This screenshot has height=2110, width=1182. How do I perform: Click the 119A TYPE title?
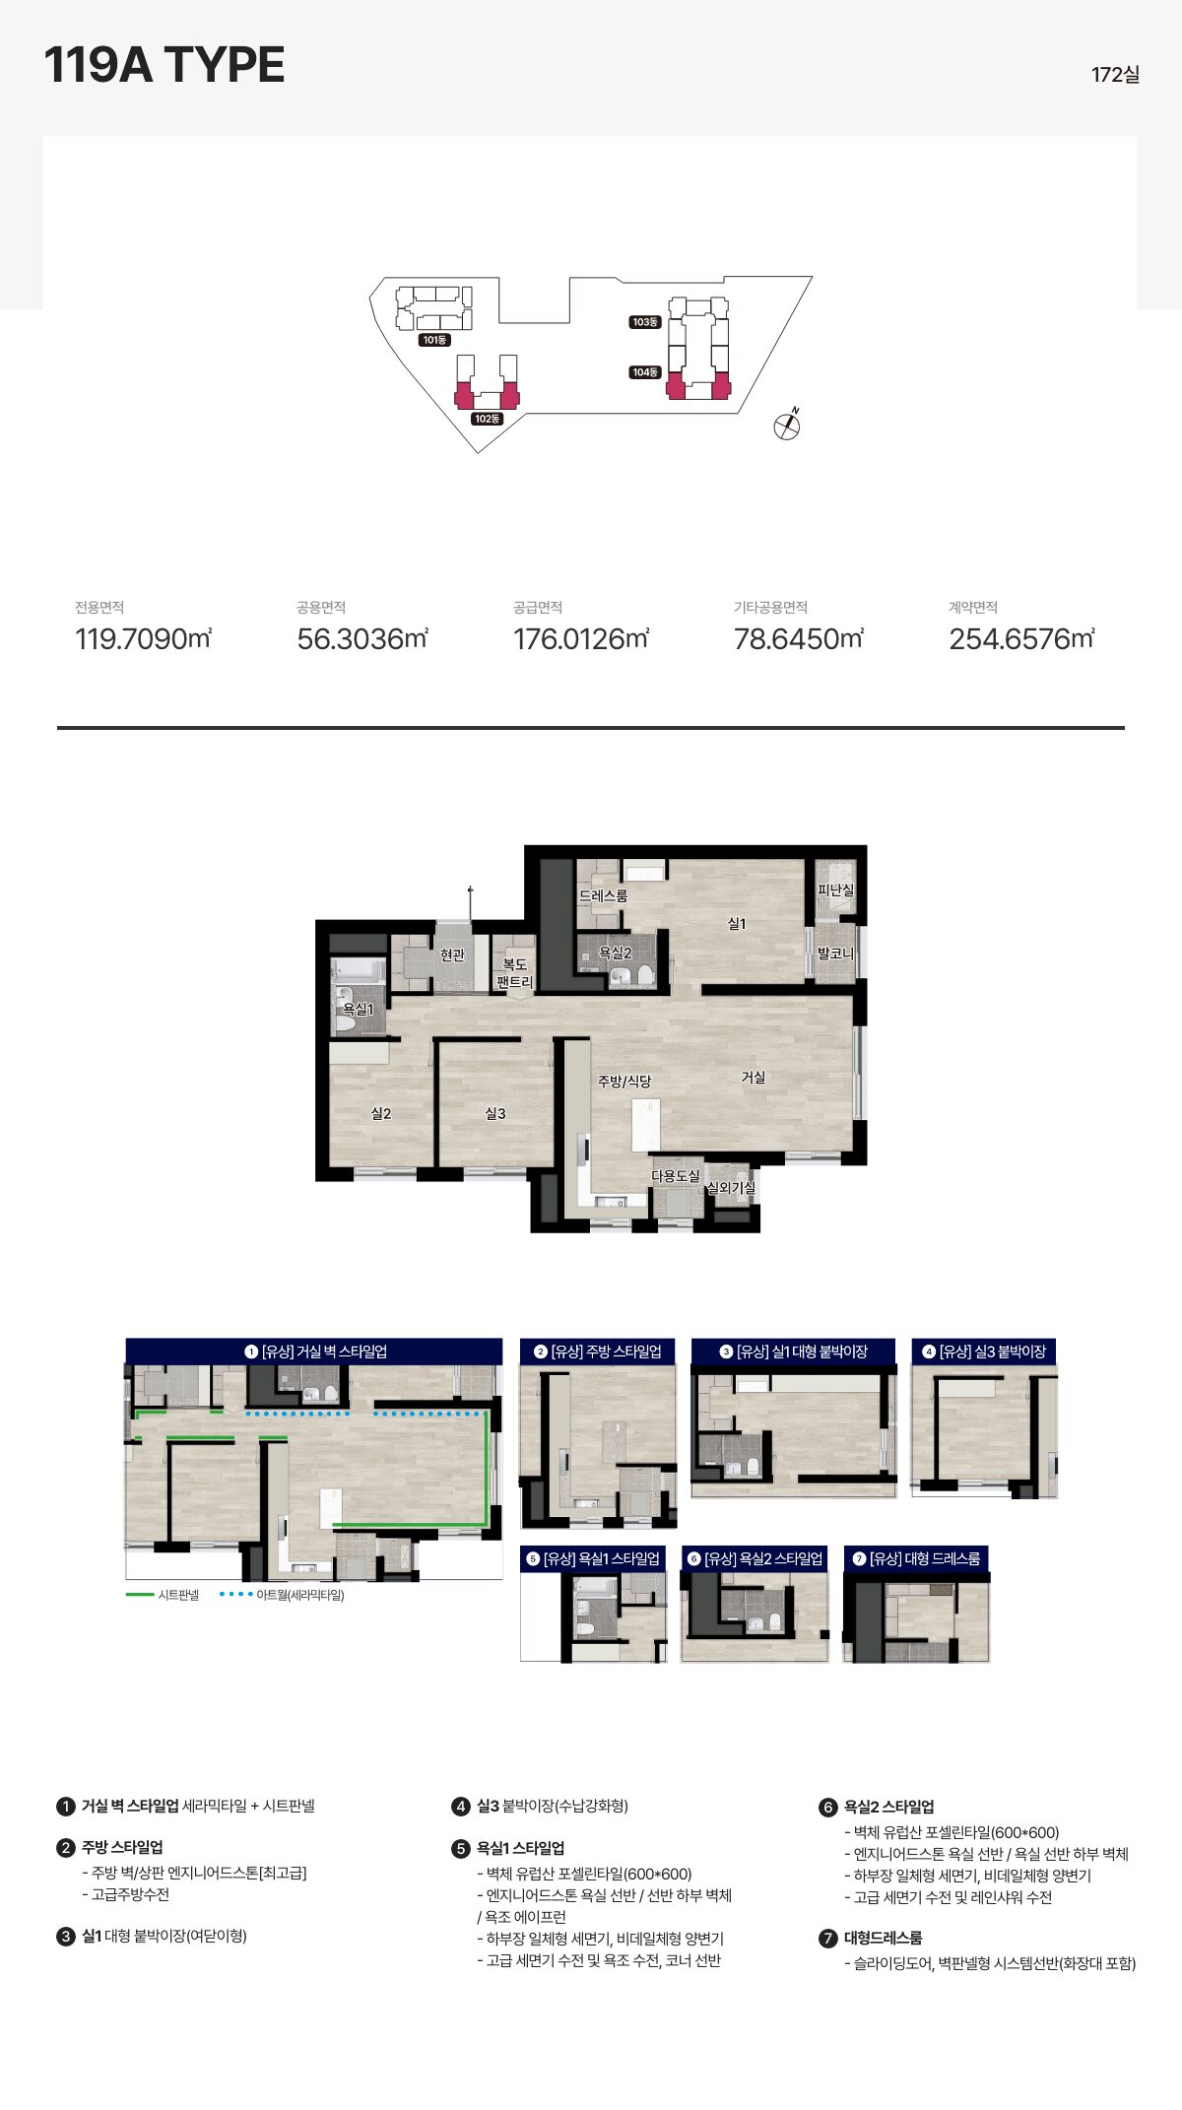[164, 65]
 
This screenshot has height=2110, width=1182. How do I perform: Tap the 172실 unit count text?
[1115, 75]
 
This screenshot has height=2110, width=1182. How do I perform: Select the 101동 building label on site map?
[434, 340]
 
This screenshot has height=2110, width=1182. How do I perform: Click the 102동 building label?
[487, 419]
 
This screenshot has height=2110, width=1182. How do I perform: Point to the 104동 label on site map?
[645, 372]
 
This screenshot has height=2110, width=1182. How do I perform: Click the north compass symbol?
[787, 425]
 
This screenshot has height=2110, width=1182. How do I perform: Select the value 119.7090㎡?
[144, 639]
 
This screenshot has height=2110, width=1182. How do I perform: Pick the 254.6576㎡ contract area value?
[1021, 639]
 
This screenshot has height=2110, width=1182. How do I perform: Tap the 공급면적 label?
[538, 608]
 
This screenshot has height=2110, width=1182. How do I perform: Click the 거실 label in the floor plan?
[754, 1077]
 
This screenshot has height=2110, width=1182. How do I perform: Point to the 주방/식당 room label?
[624, 1081]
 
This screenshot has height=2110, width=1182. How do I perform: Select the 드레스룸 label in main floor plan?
[603, 895]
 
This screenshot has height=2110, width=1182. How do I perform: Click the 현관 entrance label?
[452, 955]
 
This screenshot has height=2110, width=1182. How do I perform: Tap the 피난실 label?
[835, 890]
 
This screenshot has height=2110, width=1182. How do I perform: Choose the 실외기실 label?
[731, 1187]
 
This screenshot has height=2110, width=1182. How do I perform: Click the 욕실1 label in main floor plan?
[358, 1009]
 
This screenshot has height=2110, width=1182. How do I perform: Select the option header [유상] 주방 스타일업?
[598, 1352]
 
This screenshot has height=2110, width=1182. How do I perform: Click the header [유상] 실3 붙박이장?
[984, 1352]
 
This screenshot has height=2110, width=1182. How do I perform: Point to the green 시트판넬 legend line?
[140, 1595]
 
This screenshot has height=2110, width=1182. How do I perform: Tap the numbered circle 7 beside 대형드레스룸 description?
[828, 1939]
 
